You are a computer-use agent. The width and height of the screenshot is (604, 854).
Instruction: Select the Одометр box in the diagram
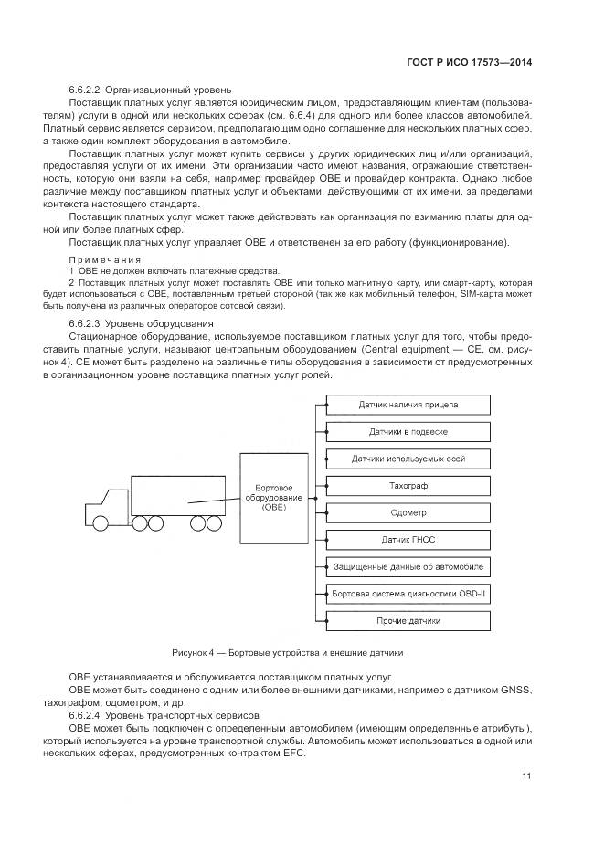408,512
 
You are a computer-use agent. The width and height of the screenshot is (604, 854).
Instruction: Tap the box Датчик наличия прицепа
408,405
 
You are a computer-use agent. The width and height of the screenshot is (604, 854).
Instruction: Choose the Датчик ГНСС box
408,540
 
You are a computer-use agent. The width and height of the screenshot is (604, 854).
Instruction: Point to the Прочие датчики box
408,621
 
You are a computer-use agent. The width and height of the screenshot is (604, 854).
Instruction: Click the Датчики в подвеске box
408,432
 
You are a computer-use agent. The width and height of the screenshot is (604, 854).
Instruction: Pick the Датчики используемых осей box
408,459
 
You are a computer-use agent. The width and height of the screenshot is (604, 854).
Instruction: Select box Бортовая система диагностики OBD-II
408,594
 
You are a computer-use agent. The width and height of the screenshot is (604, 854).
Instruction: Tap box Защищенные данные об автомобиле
408,567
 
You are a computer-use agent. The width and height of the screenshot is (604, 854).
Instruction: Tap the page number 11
526,777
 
